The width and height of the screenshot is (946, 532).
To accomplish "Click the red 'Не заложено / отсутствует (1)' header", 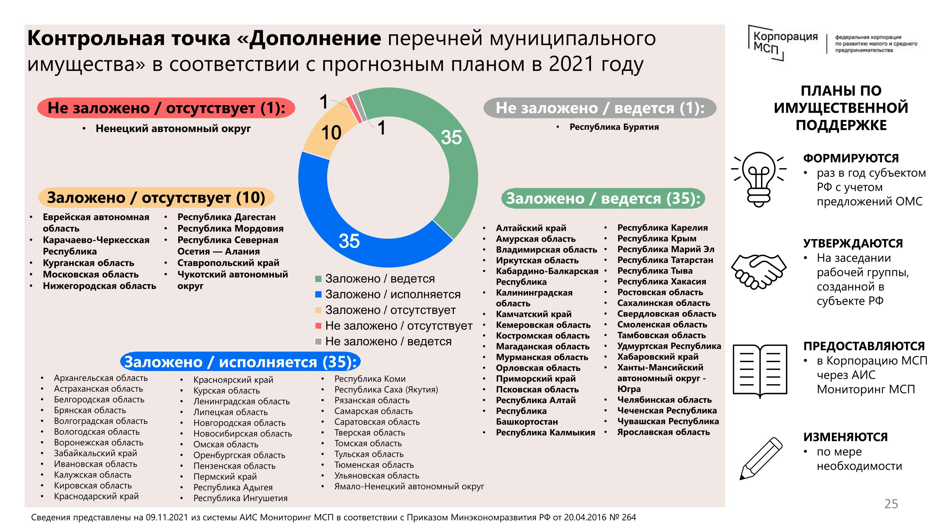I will coord(166,108).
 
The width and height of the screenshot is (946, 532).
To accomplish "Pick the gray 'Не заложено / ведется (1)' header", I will coord(600,108).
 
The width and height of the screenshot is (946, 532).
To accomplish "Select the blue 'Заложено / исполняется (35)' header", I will coord(241,362).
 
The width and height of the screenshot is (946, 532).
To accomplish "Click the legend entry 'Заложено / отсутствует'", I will coord(390,310).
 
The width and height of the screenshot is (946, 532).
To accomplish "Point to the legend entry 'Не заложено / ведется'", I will coord(388,341).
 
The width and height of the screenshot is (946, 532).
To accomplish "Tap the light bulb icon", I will coord(759,179).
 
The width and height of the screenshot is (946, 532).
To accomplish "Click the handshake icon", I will coord(759,271).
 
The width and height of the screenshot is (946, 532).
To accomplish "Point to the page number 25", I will coord(891,504).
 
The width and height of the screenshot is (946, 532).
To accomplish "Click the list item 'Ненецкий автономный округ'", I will coord(173,128).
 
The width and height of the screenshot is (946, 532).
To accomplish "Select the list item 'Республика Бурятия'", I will coord(614,127).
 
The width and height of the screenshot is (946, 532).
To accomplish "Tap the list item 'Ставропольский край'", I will coord(228,263).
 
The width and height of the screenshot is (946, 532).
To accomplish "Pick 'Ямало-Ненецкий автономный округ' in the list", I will coord(409,487).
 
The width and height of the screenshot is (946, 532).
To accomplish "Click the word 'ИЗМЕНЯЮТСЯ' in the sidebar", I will coord(845,437).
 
